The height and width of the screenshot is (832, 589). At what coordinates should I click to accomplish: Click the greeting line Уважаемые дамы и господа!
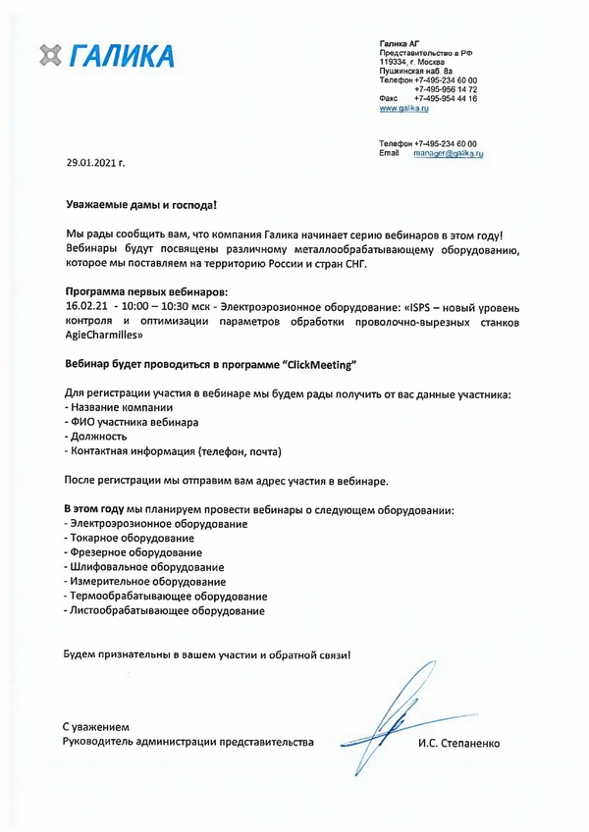139,208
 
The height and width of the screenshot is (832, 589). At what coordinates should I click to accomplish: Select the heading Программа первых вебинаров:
145,292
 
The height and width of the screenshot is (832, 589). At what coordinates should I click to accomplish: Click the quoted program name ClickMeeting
318,364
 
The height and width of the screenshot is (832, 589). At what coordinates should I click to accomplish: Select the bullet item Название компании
119,407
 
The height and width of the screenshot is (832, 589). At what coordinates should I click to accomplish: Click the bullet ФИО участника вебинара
132,422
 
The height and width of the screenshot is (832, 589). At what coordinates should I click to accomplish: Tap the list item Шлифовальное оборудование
143,567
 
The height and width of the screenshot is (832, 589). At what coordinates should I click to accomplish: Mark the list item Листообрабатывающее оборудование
164,610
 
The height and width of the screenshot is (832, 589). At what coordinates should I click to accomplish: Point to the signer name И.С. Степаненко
458,743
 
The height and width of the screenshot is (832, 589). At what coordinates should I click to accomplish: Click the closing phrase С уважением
95,726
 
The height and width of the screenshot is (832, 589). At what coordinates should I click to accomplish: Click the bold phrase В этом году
94,509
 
